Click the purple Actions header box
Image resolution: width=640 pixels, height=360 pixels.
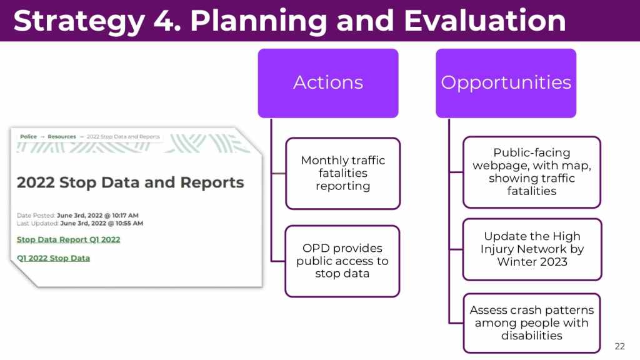point(328,83)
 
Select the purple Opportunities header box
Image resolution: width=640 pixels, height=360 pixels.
point(506,83)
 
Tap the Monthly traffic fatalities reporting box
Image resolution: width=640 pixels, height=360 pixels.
point(343,174)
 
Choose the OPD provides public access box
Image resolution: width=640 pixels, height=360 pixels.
point(342,261)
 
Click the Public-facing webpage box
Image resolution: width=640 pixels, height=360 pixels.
point(532,172)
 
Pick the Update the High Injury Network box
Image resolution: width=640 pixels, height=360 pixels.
point(532,249)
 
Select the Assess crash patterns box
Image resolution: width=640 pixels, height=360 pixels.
point(532,323)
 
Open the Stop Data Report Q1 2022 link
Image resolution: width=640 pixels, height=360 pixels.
point(69,239)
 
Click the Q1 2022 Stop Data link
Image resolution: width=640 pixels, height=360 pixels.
point(54,258)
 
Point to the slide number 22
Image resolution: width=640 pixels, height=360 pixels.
point(619,346)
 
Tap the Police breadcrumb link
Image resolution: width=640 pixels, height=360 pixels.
point(28,137)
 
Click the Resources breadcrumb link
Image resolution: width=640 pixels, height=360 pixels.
point(62,137)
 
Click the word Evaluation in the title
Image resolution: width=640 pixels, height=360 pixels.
point(485,21)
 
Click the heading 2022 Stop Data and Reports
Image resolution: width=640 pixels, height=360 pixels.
point(130,182)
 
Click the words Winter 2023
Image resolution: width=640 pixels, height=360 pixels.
point(532,262)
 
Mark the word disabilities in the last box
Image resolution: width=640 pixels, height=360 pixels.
point(532,336)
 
